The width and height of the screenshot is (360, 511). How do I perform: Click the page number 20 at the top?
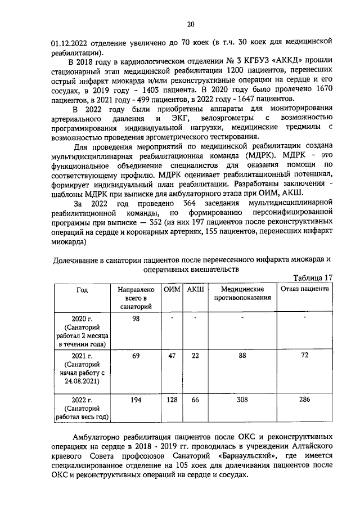[x=191, y=24]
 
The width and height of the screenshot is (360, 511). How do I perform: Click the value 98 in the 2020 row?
[x=136, y=319]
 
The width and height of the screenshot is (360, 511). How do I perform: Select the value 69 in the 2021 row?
[x=136, y=356]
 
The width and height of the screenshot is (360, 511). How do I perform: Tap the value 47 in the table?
[x=172, y=356]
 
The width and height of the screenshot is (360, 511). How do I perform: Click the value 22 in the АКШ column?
[x=195, y=356]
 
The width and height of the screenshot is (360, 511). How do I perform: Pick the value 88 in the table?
[x=242, y=356]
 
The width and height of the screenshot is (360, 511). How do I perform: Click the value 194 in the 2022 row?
[x=136, y=399]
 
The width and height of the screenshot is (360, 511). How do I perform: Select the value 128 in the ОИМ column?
[x=172, y=399]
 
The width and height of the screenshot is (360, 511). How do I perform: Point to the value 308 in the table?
[x=242, y=399]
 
